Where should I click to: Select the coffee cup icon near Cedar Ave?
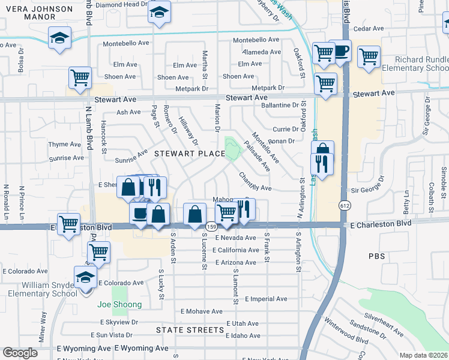(x=340, y=50)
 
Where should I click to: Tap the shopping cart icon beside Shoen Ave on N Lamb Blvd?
(x=80, y=77)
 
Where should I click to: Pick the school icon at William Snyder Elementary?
(x=85, y=278)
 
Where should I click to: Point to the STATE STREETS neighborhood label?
(x=190, y=330)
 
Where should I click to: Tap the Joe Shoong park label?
(x=120, y=304)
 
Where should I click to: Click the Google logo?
(x=20, y=353)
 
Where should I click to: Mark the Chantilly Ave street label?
(x=255, y=183)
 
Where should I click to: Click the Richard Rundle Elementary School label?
(x=420, y=64)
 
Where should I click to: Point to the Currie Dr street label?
(x=286, y=129)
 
